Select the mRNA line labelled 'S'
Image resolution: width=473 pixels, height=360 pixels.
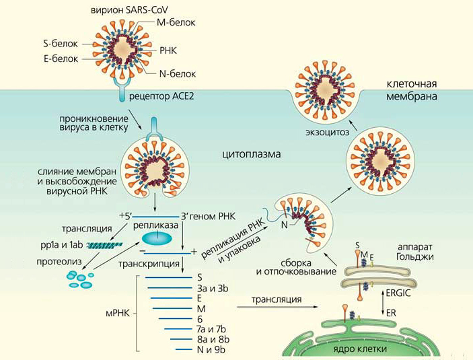point(164,277)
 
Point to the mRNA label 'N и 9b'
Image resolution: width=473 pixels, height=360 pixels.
point(210,349)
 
